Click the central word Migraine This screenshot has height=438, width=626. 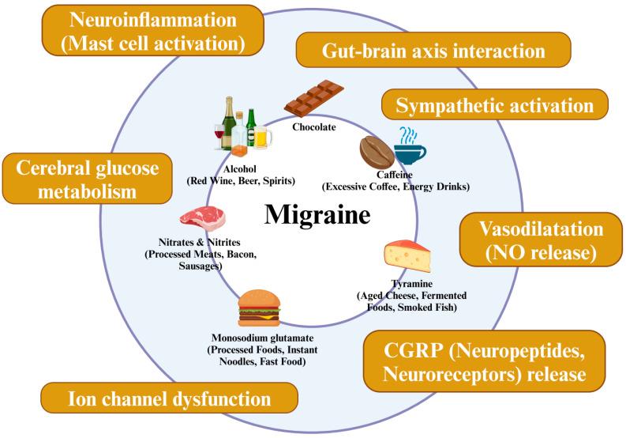(317, 214)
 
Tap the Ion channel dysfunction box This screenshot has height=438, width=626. (170, 398)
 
